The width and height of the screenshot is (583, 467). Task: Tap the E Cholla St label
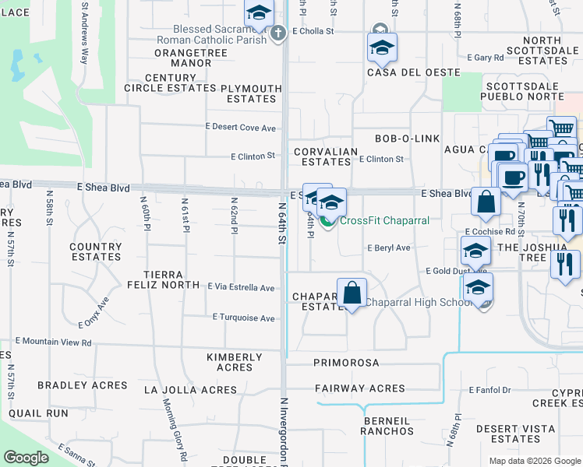[x=313, y=32]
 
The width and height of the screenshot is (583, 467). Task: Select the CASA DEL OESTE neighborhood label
[x=401, y=72]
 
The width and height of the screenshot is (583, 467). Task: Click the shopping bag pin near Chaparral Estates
[x=352, y=294]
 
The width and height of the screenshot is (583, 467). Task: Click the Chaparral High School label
[x=421, y=301]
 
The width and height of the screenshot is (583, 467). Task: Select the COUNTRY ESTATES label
[x=96, y=251]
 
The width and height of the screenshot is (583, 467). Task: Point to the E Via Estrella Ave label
[x=240, y=288]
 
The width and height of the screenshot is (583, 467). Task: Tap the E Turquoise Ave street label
[x=243, y=318]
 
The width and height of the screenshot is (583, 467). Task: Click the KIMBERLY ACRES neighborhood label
[x=234, y=362]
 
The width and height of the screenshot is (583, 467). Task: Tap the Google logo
[x=26, y=458]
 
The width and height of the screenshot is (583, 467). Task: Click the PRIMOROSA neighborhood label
[x=346, y=363]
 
